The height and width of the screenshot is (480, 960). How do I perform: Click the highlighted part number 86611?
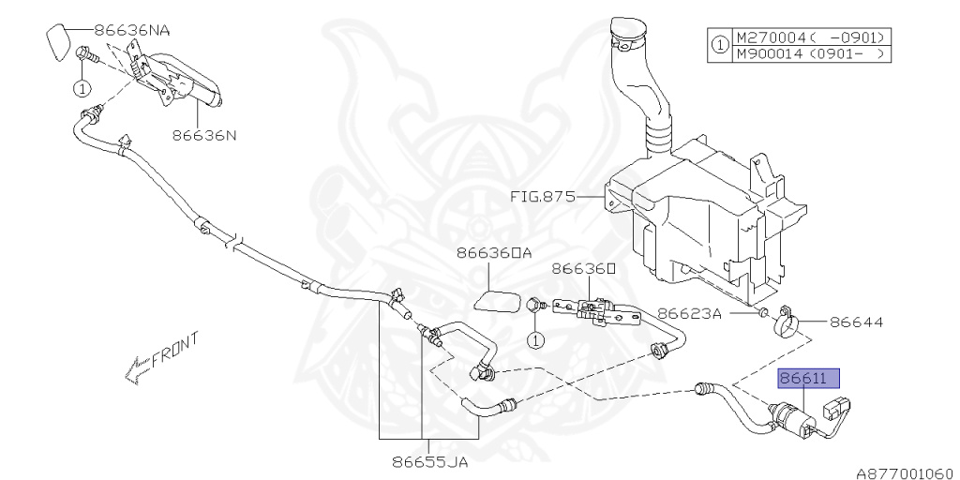point(807,380)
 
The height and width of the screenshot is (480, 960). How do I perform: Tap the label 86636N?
point(203,135)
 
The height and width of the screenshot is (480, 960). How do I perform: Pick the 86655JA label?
point(428,461)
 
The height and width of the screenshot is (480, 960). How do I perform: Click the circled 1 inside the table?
point(719,46)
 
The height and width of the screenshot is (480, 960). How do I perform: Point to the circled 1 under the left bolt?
point(82,89)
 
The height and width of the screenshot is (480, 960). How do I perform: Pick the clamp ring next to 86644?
point(786,323)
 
